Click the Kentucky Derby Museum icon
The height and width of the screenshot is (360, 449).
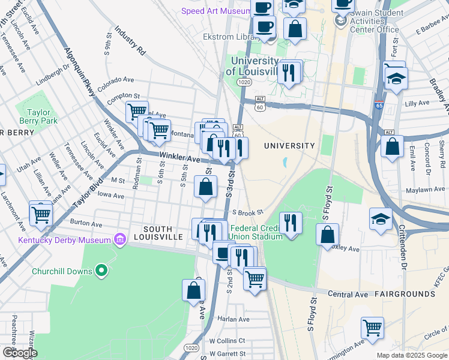click(x=120, y=240)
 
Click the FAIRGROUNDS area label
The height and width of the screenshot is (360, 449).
click(x=405, y=294)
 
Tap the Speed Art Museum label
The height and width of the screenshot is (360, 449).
click(x=215, y=11)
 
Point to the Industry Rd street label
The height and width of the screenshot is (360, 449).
click(x=130, y=41)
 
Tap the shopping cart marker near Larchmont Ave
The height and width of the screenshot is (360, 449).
click(x=41, y=213)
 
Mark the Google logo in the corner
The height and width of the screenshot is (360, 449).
click(x=19, y=353)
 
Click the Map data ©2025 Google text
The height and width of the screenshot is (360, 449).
click(x=411, y=355)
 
